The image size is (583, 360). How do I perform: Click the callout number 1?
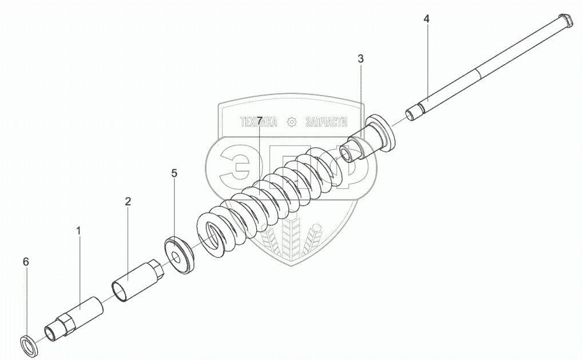79,231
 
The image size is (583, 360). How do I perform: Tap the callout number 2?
128,201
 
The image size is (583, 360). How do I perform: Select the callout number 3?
360,58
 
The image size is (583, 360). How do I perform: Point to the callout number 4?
426,19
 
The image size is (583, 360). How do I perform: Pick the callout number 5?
174,172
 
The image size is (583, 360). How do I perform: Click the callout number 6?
25,262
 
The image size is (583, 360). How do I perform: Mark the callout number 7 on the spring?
259,121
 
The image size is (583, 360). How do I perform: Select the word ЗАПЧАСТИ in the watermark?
327,121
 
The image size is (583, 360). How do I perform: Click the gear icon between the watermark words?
292,121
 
